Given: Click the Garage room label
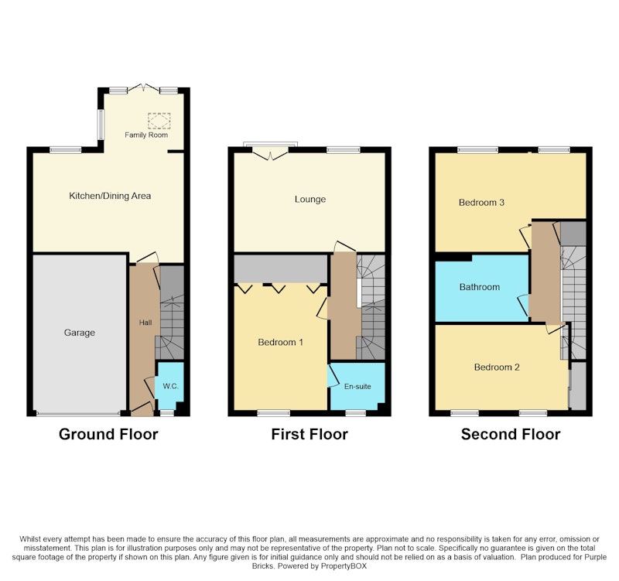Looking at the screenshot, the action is [80, 333].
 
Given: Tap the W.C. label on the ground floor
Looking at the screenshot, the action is [170, 386].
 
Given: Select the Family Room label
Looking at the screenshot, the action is [146, 135].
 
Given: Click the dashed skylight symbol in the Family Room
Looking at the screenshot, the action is [159, 121].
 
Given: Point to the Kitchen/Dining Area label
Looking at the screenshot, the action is [110, 196].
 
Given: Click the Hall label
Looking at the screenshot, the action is [145, 323].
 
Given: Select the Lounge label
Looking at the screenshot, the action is [310, 200].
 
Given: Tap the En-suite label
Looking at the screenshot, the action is [357, 386].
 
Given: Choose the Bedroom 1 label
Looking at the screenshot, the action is [280, 342].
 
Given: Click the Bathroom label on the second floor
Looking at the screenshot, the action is [480, 287].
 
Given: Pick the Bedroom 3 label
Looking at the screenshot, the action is [481, 203].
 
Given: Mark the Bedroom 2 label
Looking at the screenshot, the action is [497, 367].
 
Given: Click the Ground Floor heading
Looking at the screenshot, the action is [108, 434].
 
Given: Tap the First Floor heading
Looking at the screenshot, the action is [309, 434].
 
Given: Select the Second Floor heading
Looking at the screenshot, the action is [511, 434].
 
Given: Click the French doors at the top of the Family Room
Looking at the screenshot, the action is [144, 88].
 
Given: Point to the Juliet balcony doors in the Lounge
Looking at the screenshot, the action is [270, 152].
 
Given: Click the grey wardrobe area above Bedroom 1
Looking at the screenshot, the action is [281, 268].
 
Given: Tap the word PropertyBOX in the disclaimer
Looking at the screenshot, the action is [344, 566].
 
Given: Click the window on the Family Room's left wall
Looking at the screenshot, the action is [101, 125].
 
